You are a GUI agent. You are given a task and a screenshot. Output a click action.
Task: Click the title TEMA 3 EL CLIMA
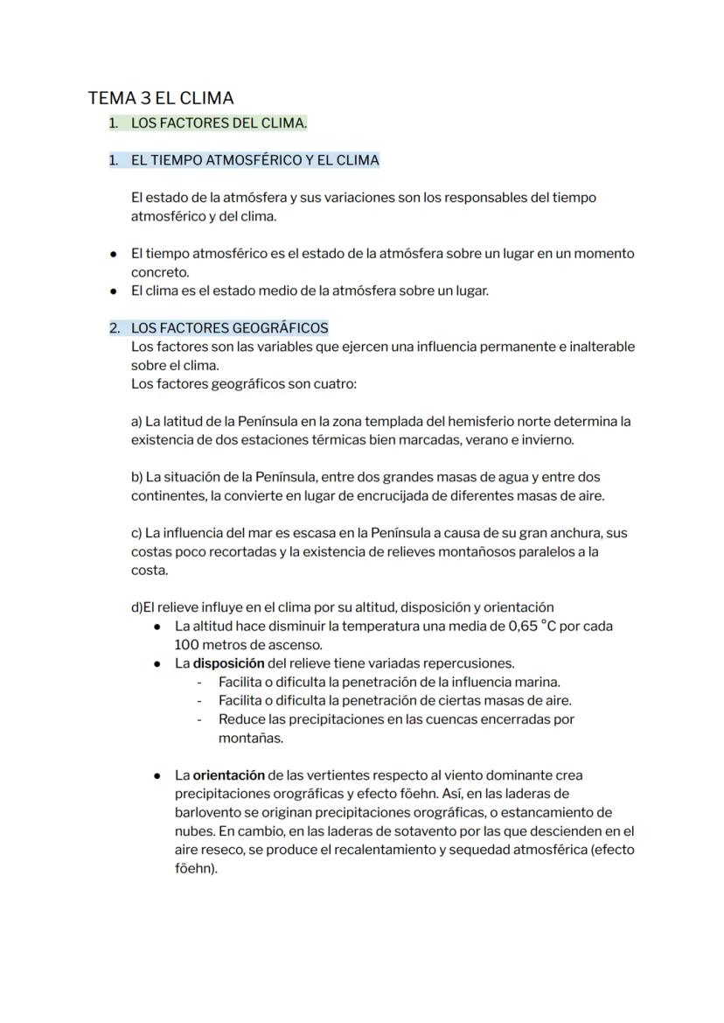(x=161, y=98)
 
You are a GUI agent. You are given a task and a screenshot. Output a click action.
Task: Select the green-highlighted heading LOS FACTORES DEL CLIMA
(x=219, y=123)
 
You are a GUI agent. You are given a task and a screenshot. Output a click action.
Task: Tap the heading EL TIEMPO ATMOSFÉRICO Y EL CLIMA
(x=254, y=160)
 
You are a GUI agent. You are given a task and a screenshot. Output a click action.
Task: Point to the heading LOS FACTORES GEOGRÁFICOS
(x=229, y=328)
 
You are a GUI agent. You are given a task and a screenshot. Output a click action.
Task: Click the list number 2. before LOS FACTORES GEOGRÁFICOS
(x=114, y=328)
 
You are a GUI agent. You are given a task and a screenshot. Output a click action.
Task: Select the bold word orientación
(x=228, y=775)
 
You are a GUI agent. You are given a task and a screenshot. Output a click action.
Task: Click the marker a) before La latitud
(x=136, y=422)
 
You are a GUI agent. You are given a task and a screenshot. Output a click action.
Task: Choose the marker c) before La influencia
(x=136, y=533)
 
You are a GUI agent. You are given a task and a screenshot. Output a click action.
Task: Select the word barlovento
(x=208, y=812)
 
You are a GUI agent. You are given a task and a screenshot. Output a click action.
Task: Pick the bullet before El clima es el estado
(x=114, y=291)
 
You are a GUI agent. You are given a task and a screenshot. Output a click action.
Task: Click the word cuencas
(x=437, y=719)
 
